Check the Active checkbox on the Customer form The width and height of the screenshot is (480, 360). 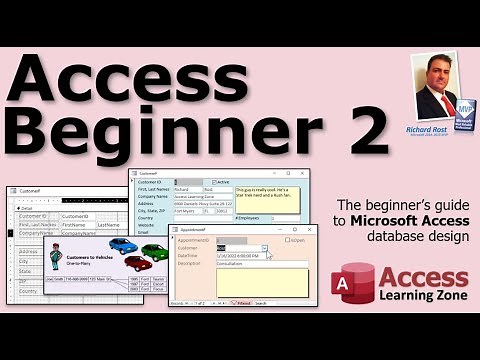coord(213,181)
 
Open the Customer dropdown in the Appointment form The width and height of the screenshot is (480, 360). coord(265,248)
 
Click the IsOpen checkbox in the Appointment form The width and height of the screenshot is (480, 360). coord(288,240)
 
